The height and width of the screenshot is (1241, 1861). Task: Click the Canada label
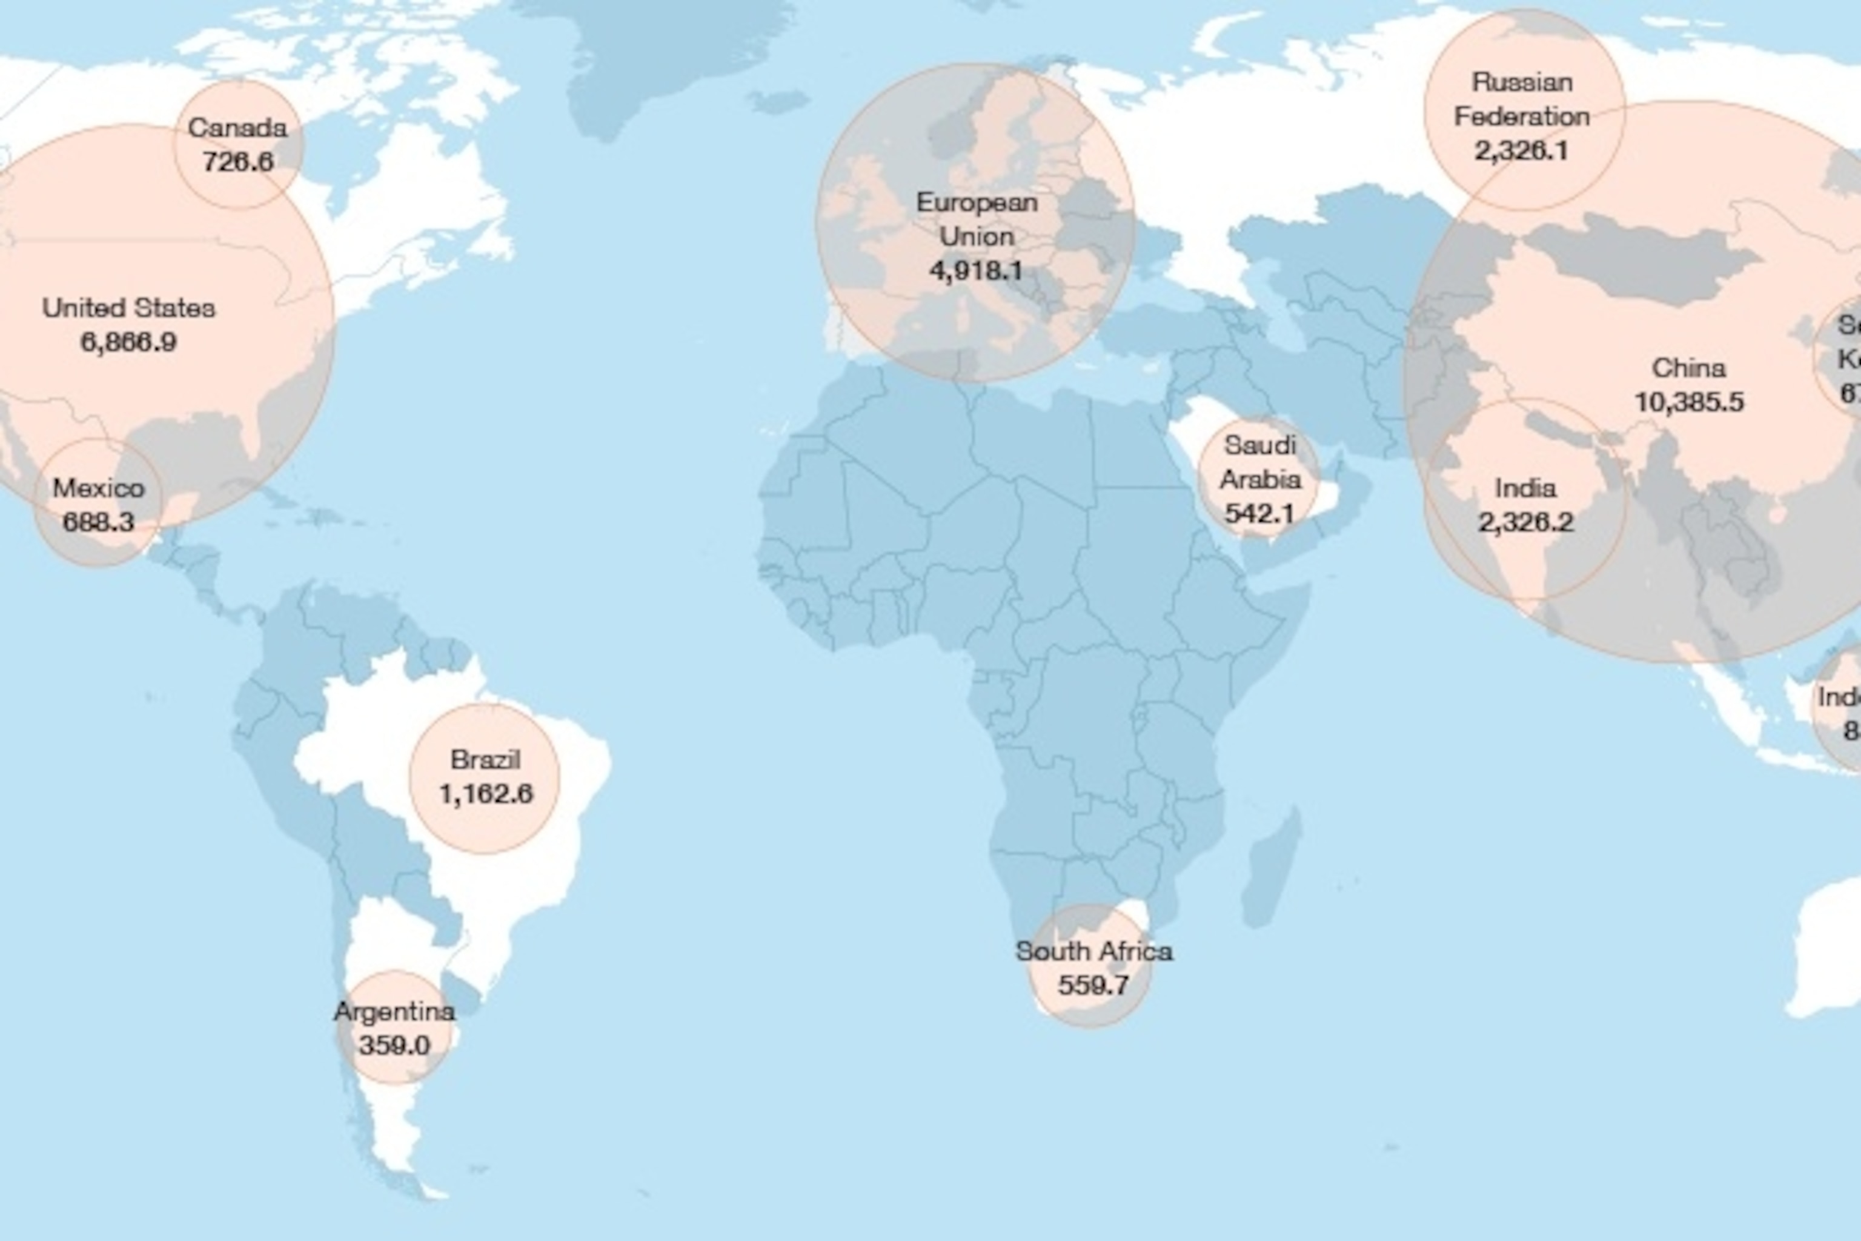[x=237, y=127]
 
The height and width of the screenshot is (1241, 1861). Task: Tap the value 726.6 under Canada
[x=237, y=161]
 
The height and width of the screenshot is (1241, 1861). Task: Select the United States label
[x=128, y=308]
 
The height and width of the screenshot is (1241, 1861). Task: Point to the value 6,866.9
[x=128, y=342]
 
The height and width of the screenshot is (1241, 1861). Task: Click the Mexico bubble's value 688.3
[x=98, y=522]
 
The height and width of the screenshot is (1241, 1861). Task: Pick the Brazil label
[x=485, y=760]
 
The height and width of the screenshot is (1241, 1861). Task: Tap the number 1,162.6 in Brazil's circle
[x=485, y=794]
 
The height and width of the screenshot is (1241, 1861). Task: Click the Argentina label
[x=394, y=1011]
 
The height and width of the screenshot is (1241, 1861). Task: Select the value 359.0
[x=394, y=1045]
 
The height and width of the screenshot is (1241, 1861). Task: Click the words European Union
[x=977, y=219]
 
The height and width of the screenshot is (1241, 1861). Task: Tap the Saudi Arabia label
[x=1259, y=462]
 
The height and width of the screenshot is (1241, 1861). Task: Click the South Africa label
[x=1093, y=951]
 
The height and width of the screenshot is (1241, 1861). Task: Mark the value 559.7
[x=1093, y=985]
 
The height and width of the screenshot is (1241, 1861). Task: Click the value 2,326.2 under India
[x=1525, y=522]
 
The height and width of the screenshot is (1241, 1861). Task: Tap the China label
[x=1688, y=368]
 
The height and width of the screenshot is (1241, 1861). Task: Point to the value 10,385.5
[x=1688, y=402]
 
